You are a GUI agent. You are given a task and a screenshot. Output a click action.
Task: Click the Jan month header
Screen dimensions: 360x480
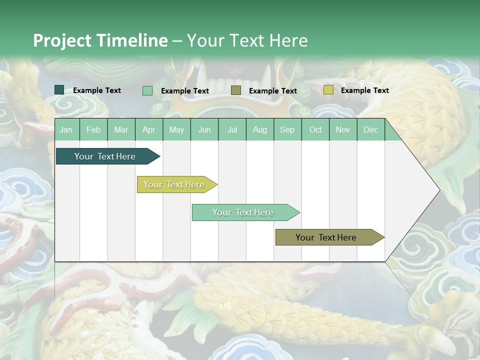[x=66, y=129]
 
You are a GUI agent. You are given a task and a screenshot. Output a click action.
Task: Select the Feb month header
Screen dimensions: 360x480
[x=93, y=129]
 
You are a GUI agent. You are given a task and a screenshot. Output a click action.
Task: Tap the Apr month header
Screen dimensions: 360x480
[x=148, y=129]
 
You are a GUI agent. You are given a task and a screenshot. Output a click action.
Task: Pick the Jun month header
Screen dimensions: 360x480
[x=204, y=129]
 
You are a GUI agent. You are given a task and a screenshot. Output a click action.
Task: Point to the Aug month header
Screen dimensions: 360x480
[x=259, y=129]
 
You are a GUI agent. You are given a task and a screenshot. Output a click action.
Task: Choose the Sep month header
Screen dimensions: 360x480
[x=287, y=129]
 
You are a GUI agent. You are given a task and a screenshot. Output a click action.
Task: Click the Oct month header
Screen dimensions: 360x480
[x=315, y=129]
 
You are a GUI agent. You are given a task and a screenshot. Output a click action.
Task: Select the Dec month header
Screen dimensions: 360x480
[x=370, y=129]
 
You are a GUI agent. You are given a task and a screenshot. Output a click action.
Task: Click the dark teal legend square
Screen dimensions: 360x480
[x=59, y=90]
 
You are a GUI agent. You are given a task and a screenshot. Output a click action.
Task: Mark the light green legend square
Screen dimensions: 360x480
[x=147, y=90]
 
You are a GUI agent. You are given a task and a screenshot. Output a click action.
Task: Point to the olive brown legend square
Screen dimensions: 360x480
[x=236, y=90]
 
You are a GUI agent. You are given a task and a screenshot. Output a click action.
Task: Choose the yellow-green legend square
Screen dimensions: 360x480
[x=328, y=90]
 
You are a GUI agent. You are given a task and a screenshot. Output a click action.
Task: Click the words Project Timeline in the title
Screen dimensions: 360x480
[x=100, y=40]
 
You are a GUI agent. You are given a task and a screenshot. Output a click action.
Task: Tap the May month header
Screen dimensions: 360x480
[x=176, y=129]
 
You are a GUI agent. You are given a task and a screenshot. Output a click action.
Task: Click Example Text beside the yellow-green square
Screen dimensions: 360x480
[x=364, y=90]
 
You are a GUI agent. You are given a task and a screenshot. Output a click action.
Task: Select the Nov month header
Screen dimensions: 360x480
[x=343, y=129]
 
